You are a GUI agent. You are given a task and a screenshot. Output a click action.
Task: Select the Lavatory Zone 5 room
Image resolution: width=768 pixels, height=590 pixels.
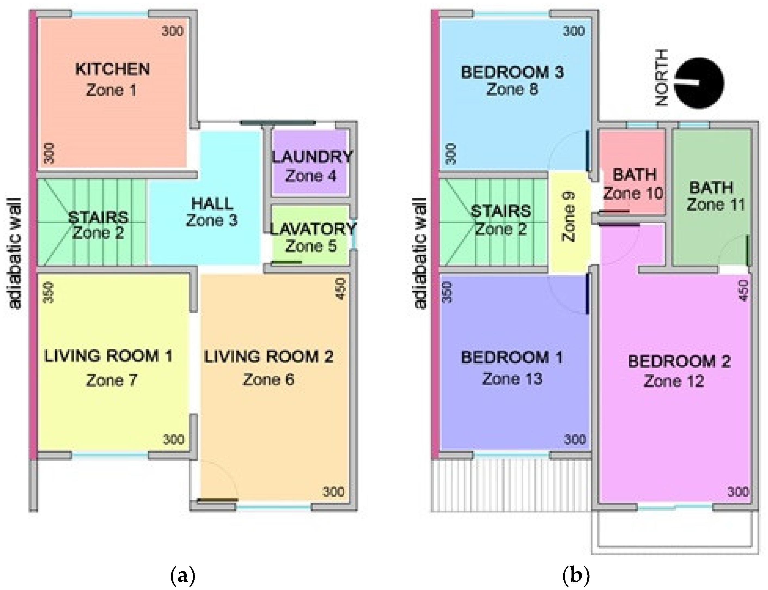(311, 235)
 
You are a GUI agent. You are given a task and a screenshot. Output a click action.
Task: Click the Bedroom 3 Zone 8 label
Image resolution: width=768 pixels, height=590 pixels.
(512, 80)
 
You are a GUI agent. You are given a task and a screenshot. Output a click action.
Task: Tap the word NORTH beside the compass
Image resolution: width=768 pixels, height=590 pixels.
(661, 78)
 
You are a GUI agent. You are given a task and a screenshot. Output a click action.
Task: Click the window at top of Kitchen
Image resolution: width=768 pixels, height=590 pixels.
(110, 14)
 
